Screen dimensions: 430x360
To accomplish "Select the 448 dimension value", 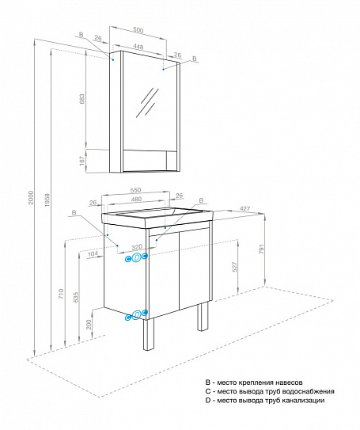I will tap(139, 46).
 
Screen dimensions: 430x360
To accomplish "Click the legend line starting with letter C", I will tap(269, 391).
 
